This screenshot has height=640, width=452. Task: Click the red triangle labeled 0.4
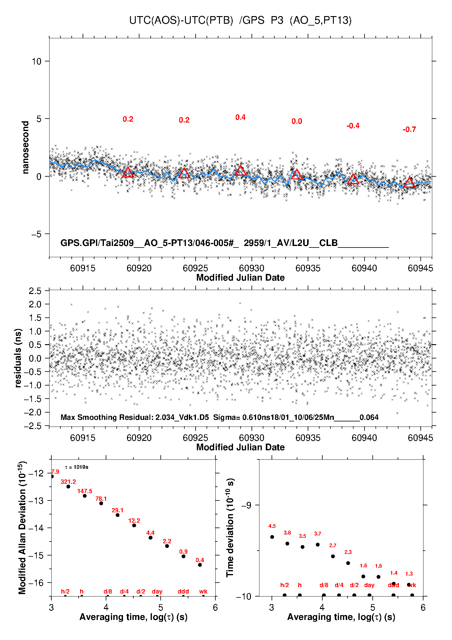(x=240, y=171)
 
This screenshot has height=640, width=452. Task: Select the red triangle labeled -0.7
(x=409, y=182)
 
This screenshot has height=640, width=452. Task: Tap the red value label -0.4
(x=353, y=126)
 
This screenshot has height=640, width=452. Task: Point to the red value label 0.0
(x=297, y=122)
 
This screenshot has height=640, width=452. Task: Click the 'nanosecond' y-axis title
(x=26, y=147)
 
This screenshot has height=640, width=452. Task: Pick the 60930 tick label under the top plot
(x=252, y=268)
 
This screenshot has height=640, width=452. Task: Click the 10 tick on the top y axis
(x=36, y=61)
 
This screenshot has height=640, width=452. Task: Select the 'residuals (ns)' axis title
(x=18, y=358)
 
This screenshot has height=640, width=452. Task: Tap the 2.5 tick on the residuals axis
(x=35, y=291)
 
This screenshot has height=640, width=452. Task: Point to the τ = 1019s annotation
(x=77, y=467)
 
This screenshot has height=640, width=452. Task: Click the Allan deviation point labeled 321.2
(x=68, y=486)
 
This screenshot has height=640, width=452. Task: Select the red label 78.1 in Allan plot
(x=101, y=499)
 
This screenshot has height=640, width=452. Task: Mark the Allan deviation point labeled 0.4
(x=200, y=565)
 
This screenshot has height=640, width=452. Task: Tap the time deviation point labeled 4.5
(x=272, y=537)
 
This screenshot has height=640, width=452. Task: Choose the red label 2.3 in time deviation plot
(x=348, y=552)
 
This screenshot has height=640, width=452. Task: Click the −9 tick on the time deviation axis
(x=246, y=505)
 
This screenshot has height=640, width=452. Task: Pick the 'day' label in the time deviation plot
(x=369, y=585)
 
